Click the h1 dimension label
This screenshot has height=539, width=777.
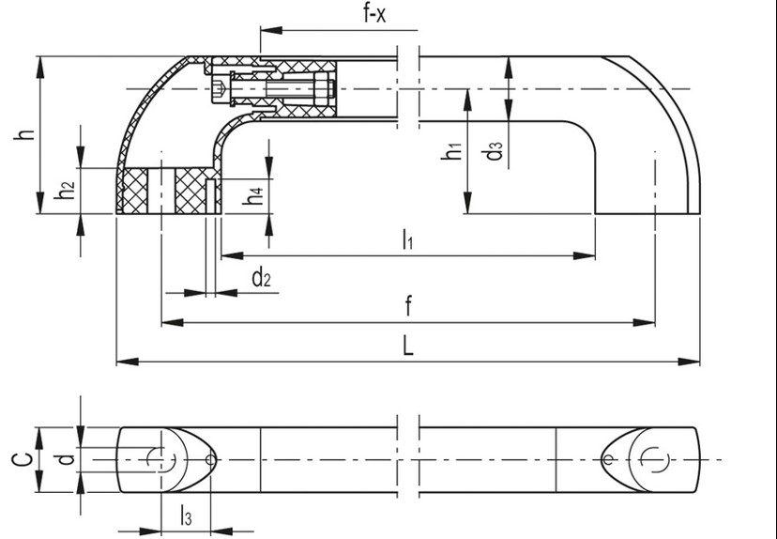451,150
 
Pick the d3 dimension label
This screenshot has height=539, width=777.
495,150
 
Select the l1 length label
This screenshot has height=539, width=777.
407,240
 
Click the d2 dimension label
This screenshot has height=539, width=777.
261,278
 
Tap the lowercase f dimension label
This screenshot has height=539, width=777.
407,306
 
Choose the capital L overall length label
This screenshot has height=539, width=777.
407,346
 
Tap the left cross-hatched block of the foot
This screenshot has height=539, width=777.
138,192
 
